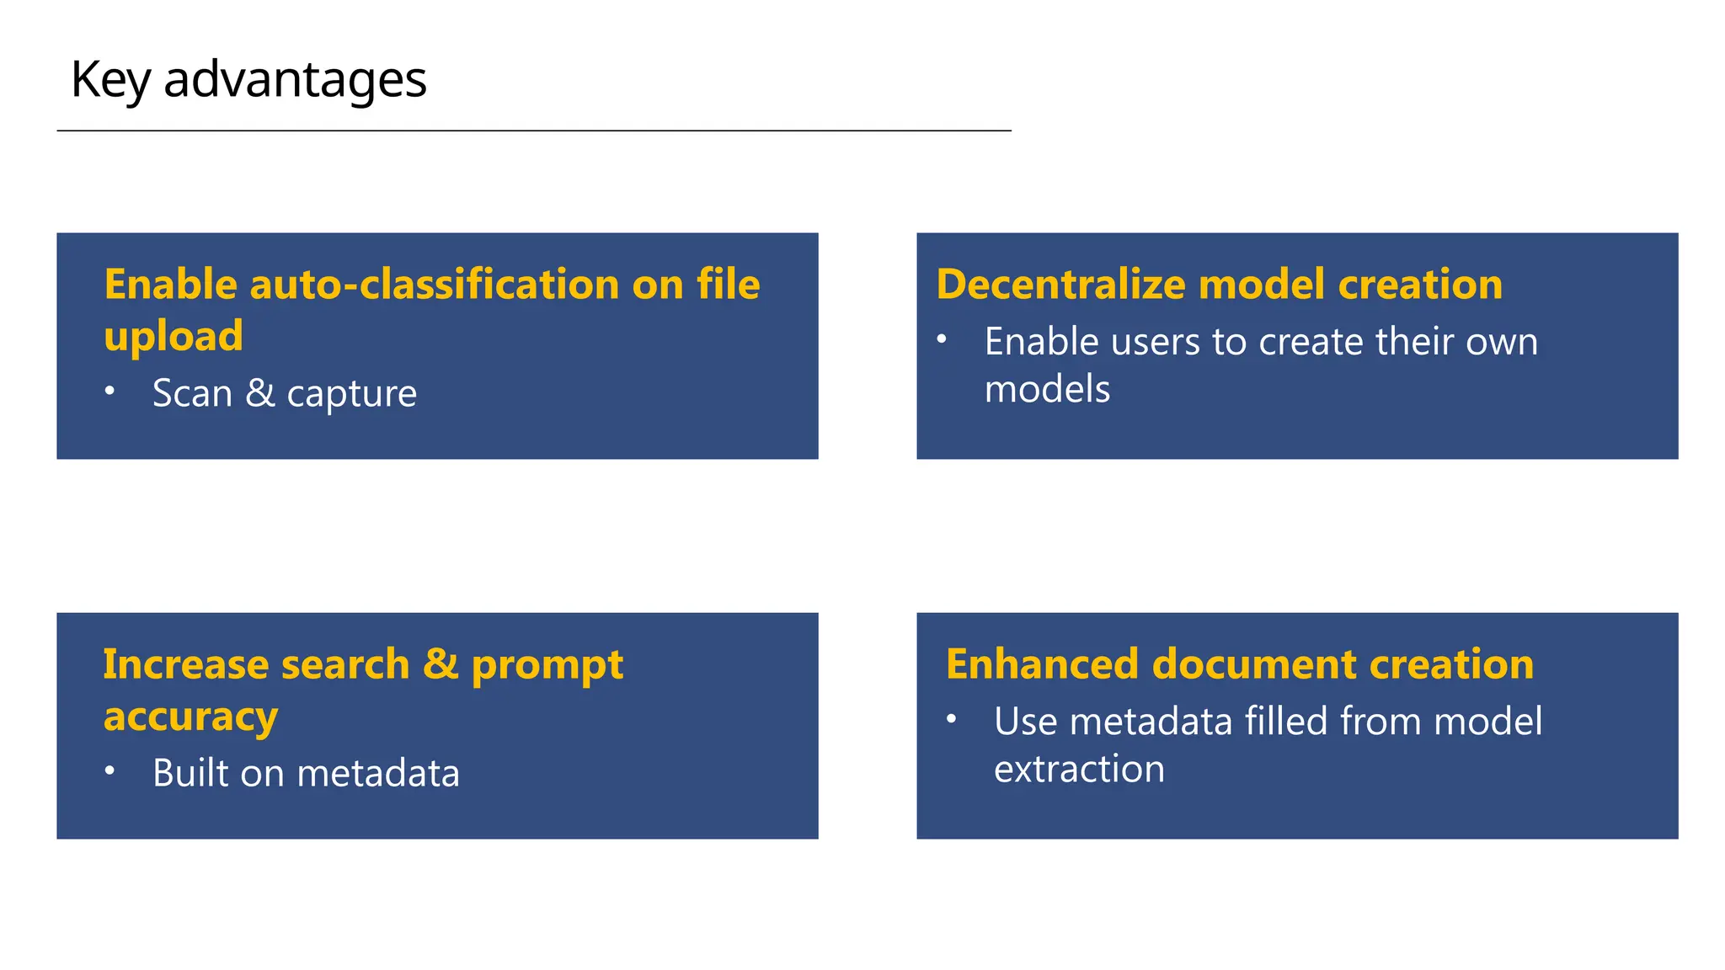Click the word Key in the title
click(109, 81)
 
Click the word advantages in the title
click(295, 81)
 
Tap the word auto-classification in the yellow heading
click(434, 285)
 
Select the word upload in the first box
click(174, 337)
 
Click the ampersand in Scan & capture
click(260, 393)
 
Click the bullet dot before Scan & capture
click(109, 391)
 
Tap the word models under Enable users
click(1047, 390)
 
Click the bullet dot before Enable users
click(942, 339)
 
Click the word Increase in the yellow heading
click(186, 664)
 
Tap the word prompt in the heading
click(547, 666)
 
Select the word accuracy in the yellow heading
click(190, 717)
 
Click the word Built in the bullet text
click(190, 773)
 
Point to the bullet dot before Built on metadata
click(109, 770)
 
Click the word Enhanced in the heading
click(1041, 664)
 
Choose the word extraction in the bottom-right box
click(1079, 770)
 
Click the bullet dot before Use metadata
click(951, 719)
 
